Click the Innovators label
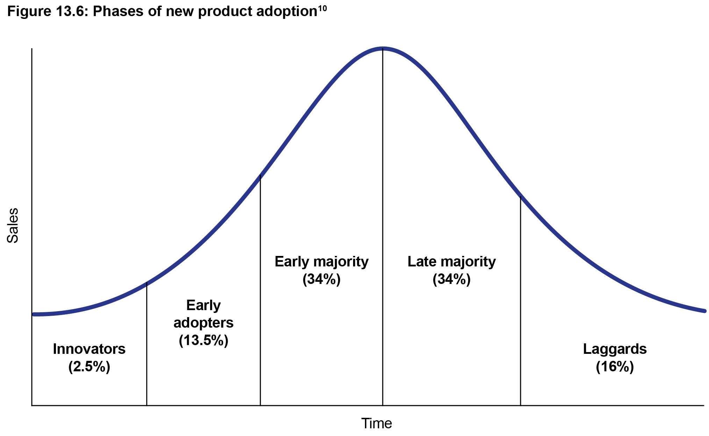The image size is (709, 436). point(89,349)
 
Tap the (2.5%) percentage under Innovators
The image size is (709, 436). point(89,367)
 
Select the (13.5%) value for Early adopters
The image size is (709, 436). point(203,340)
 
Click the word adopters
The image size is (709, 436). point(203,323)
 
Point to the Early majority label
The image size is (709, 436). point(322,262)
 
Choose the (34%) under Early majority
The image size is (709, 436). point(322,279)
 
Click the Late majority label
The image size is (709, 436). point(452,262)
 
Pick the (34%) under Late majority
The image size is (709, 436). point(452,279)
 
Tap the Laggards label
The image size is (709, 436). point(615,349)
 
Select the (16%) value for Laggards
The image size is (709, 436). point(615,367)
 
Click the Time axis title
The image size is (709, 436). point(377,423)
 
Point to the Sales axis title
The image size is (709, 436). point(13,226)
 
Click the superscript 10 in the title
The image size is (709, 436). point(322,8)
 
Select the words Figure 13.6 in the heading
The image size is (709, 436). point(49,12)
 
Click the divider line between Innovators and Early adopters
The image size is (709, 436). point(146,344)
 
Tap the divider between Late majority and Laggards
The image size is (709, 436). point(521,301)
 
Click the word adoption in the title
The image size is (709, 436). point(287,12)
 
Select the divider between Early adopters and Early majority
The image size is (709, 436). point(260,290)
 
